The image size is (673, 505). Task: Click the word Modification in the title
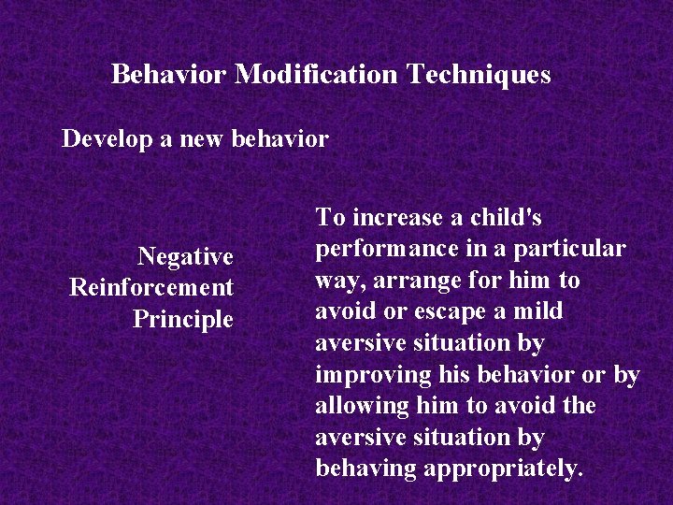point(316,74)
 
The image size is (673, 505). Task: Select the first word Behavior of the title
point(169,74)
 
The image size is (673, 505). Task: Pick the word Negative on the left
point(185,256)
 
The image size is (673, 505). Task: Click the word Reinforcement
point(151,287)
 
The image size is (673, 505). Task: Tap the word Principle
point(182,319)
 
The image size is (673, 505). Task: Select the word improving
point(374,375)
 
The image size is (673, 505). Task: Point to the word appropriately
point(503,469)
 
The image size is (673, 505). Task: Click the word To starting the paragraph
point(330,218)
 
